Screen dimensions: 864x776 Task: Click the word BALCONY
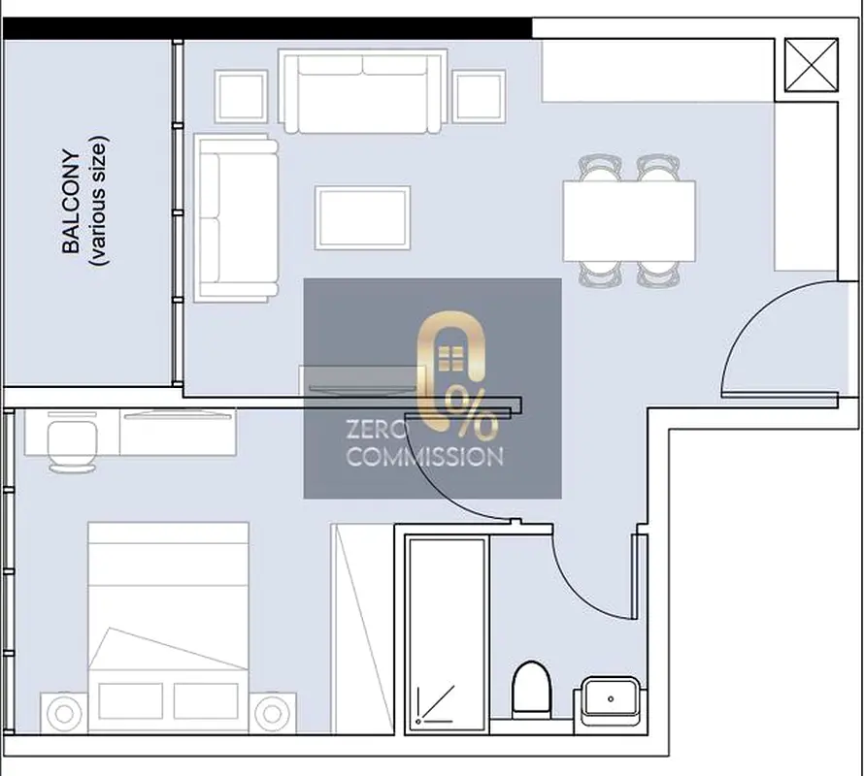click(71, 201)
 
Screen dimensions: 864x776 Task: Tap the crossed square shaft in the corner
click(812, 65)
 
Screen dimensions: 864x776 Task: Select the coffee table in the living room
click(362, 217)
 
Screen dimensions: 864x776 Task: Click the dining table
click(629, 221)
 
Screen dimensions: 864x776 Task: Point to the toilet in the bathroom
click(531, 690)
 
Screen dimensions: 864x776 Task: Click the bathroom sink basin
click(611, 700)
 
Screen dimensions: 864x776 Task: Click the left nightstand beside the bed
click(64, 714)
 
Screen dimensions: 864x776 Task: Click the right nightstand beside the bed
click(272, 714)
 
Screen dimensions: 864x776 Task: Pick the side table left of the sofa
click(241, 96)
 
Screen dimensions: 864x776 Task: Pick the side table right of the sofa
click(479, 96)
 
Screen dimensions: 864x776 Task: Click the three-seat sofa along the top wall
click(362, 91)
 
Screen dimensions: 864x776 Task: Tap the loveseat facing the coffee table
click(236, 218)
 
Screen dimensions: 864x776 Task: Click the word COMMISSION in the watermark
click(425, 457)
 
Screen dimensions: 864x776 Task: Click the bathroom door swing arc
click(576, 595)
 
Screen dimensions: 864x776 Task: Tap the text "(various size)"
click(99, 201)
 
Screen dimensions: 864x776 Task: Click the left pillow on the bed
click(131, 700)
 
